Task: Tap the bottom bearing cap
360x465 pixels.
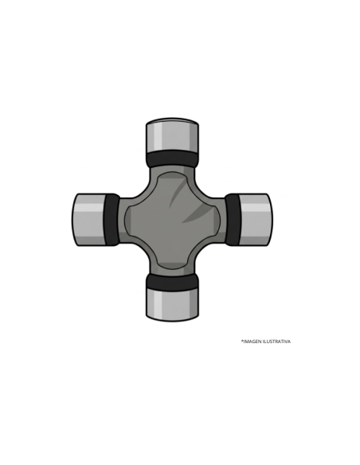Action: click(172, 304)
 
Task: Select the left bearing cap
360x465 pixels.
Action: click(88, 220)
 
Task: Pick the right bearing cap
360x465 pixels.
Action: click(256, 220)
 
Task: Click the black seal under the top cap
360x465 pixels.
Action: click(172, 159)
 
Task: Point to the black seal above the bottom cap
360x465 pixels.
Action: click(172, 282)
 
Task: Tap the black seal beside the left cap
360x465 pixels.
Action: click(112, 220)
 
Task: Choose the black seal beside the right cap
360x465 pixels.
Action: click(233, 220)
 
